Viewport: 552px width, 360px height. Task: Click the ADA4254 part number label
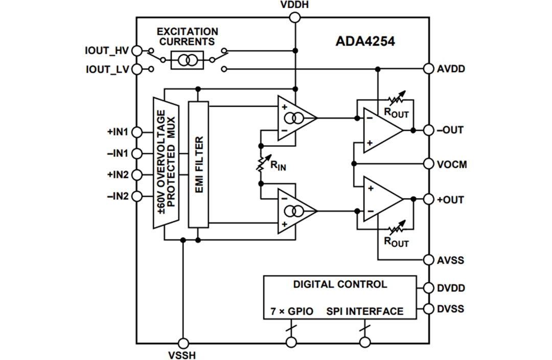[365, 41]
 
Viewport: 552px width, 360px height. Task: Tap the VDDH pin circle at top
[295, 17]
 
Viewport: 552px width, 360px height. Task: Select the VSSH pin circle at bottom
[182, 343]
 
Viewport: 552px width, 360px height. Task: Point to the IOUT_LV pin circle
[136, 69]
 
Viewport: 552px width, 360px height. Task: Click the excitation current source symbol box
[187, 60]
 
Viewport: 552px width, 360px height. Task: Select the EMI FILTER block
[198, 164]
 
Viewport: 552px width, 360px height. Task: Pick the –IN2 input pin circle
[136, 196]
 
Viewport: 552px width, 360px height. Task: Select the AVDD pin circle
[429, 69]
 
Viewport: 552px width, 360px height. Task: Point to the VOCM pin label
[452, 165]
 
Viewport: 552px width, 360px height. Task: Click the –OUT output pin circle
[429, 130]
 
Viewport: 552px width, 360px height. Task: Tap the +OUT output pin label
[450, 199]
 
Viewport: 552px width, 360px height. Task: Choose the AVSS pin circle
[429, 260]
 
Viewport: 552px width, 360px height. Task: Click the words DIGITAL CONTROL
[340, 284]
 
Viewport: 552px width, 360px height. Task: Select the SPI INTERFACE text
[365, 311]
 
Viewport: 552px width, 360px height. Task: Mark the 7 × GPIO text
[291, 311]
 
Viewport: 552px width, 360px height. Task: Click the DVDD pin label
[451, 288]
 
